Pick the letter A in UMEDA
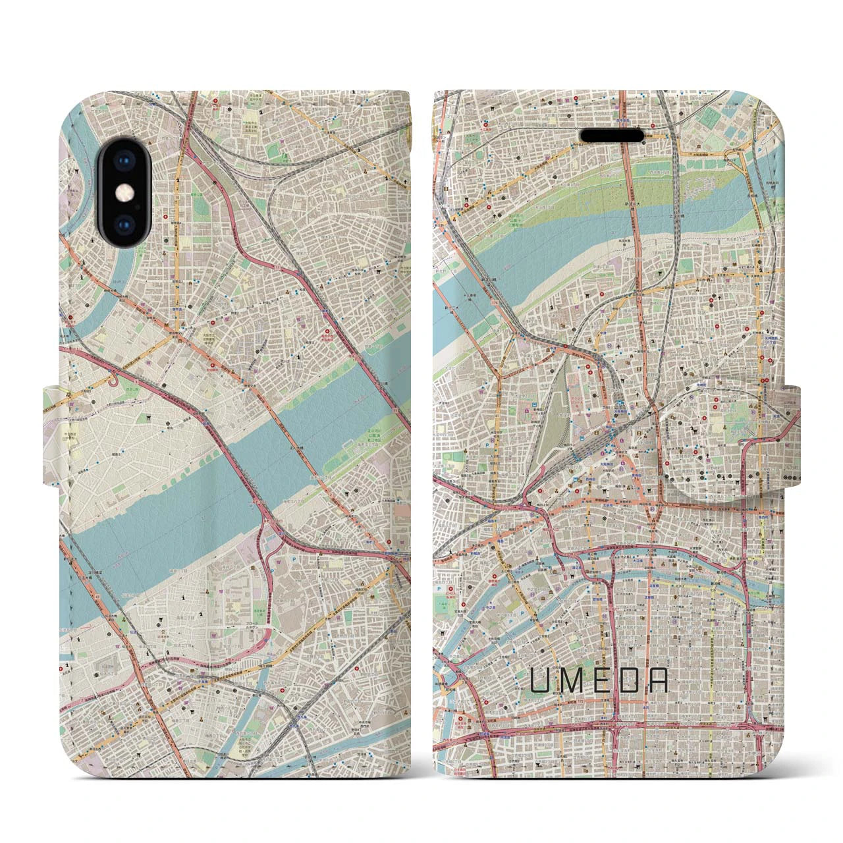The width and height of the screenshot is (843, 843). tap(659, 682)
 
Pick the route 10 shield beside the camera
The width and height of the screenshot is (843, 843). tap(178, 196)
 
